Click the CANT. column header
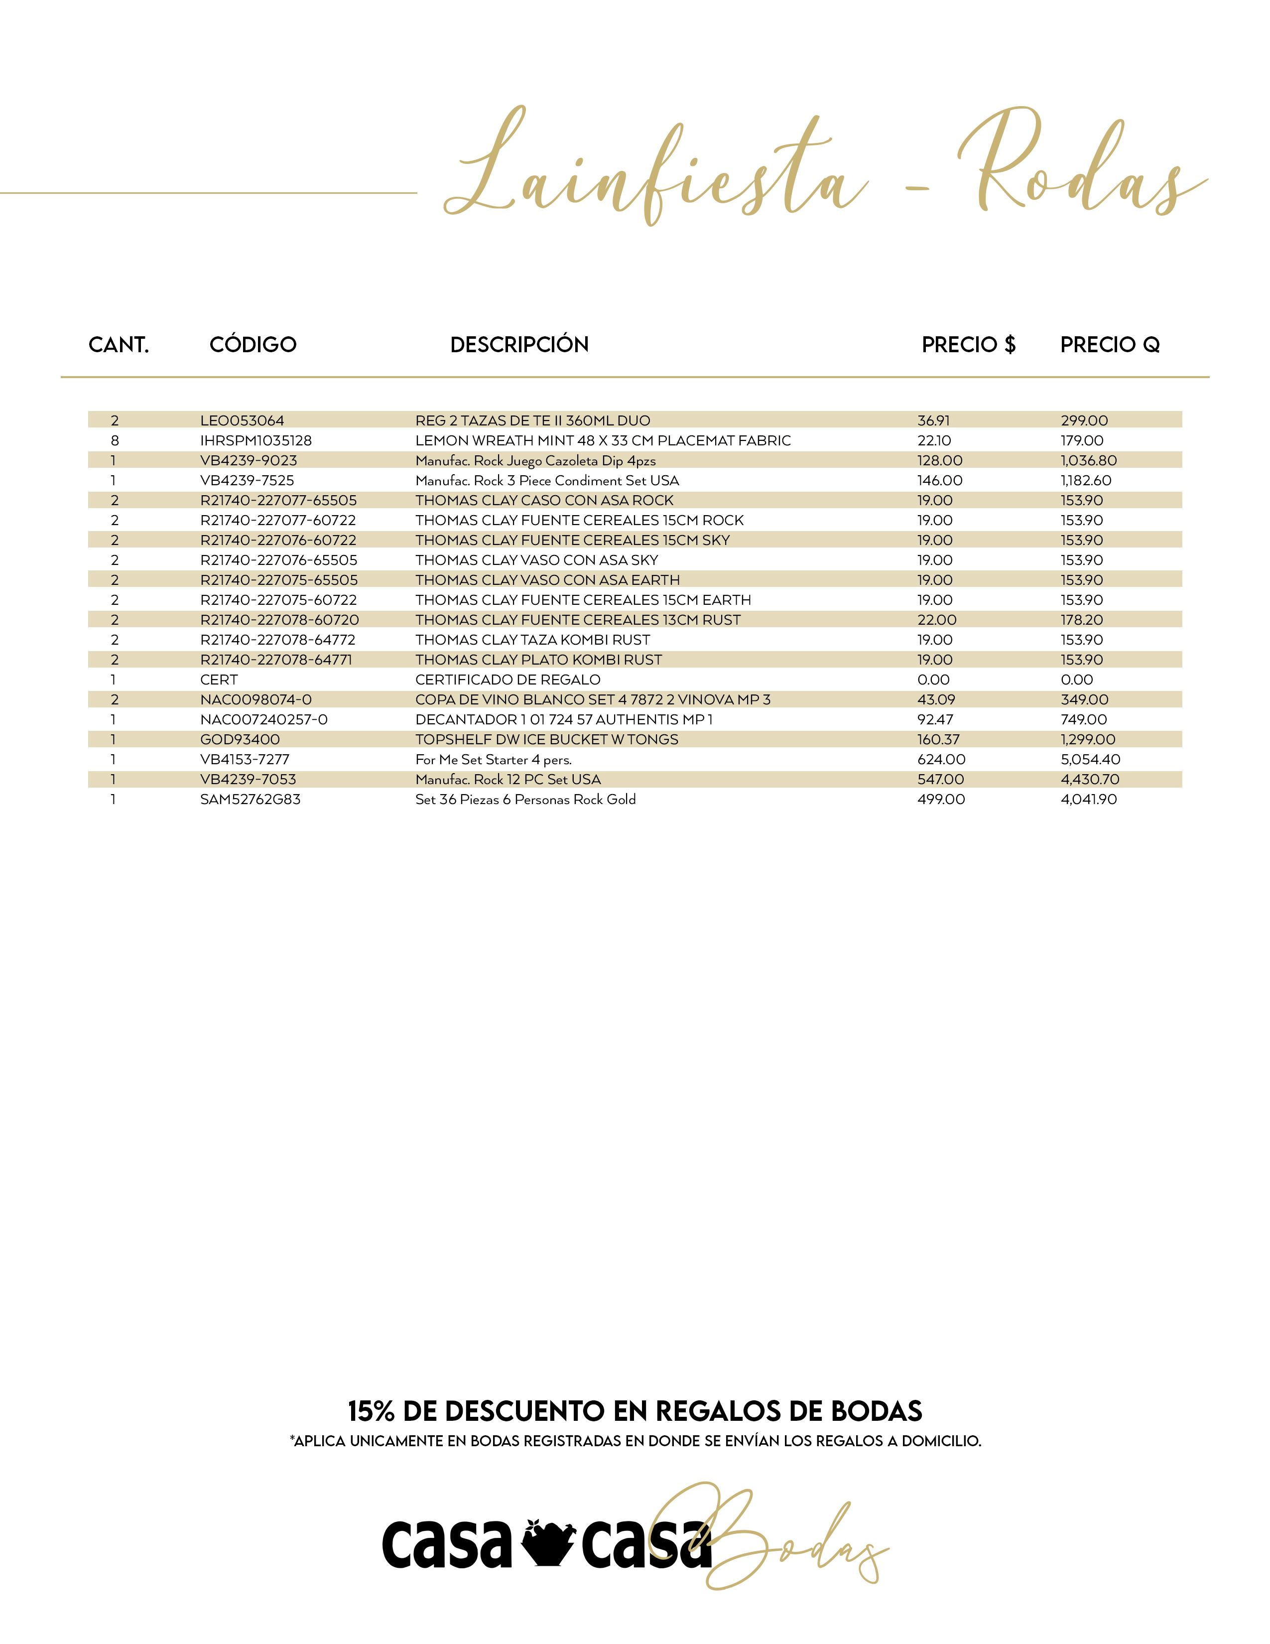119,345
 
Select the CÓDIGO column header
253,345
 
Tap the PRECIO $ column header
968,345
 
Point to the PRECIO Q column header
1110,345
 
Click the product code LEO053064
242,421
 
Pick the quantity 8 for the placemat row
115,440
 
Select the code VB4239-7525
247,480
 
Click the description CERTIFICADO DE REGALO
508,680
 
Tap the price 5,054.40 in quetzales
1090,760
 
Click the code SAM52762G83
251,800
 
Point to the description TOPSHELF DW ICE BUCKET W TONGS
547,739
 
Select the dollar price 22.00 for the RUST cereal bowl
937,620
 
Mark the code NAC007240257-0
264,720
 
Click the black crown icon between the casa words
546,1543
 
